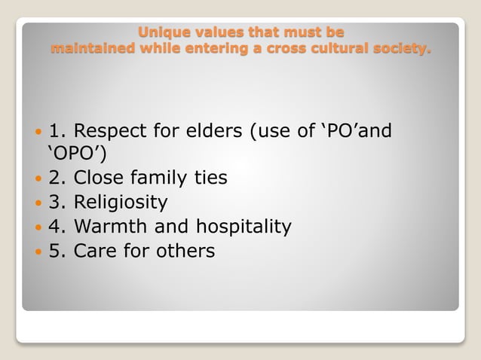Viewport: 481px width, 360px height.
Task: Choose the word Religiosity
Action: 121,203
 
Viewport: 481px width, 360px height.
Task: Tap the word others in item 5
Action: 186,251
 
